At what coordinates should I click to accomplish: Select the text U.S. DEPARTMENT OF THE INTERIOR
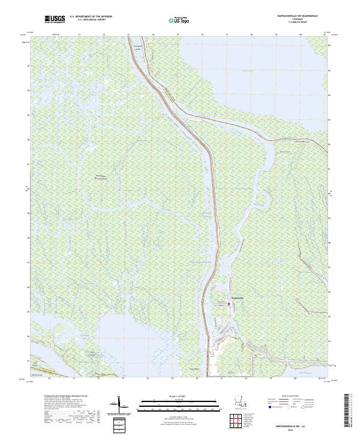(x=91, y=17)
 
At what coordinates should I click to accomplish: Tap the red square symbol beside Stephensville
(x=228, y=304)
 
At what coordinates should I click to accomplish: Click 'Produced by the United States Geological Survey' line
(x=64, y=397)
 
